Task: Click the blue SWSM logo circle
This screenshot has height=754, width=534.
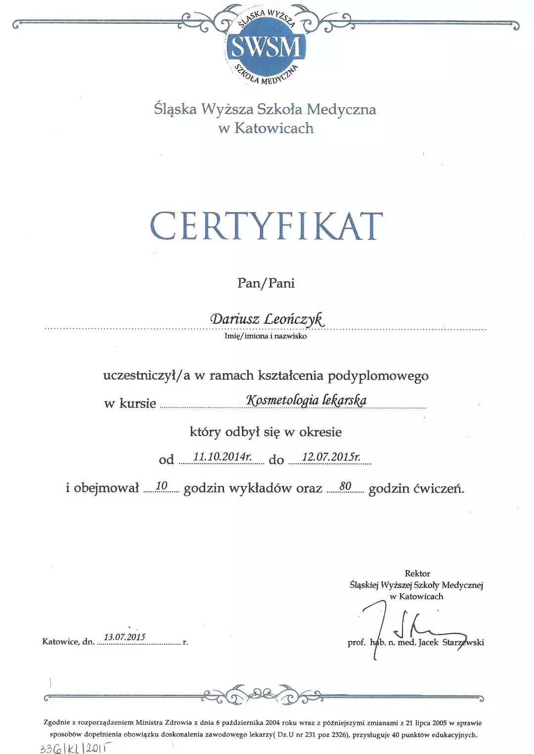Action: coord(266,46)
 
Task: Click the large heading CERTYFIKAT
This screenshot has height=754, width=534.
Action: coord(267,226)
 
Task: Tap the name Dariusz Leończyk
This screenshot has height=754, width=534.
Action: coord(267,319)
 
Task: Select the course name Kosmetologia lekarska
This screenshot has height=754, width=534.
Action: coord(306,400)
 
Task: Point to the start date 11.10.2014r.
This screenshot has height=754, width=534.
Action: coord(222,457)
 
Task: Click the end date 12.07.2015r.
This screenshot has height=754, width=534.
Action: coord(331,457)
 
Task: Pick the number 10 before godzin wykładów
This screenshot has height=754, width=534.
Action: coord(162,486)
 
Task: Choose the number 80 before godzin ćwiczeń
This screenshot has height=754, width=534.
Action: coord(345,486)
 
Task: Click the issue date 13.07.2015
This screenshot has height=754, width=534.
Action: coord(125,637)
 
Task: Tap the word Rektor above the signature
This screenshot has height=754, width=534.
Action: coord(417,574)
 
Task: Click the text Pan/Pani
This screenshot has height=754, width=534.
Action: coord(266,283)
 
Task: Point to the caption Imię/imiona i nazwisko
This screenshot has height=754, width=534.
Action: coord(266,336)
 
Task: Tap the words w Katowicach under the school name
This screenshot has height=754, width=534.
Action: coord(266,129)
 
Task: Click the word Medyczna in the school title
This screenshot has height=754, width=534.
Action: coord(341,109)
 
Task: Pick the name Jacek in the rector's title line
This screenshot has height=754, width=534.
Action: coord(428,643)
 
